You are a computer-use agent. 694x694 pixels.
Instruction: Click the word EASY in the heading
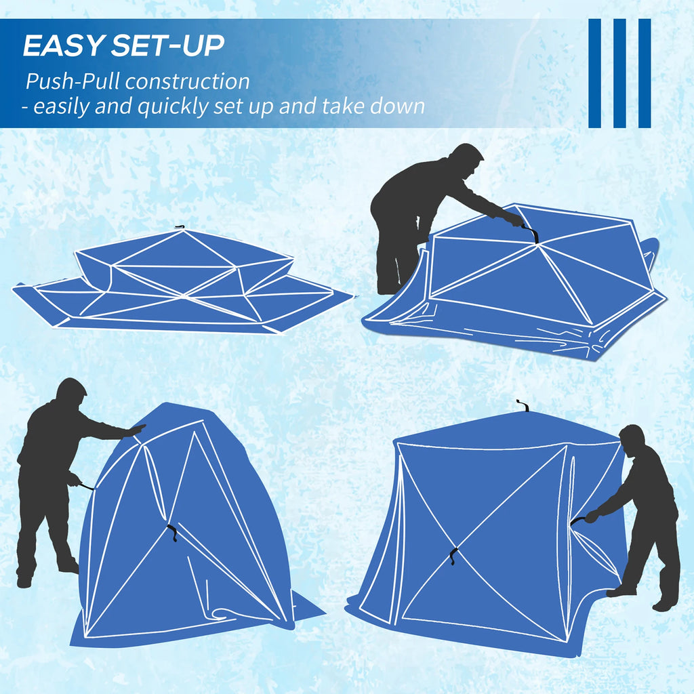click(x=62, y=45)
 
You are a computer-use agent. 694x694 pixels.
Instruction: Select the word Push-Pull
click(x=73, y=82)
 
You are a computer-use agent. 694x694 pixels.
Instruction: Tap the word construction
click(x=187, y=82)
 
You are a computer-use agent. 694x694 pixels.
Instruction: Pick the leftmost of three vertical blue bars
click(x=595, y=73)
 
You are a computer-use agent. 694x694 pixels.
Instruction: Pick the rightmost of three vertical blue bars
click(x=645, y=73)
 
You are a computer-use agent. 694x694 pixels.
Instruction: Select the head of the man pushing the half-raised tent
click(x=70, y=392)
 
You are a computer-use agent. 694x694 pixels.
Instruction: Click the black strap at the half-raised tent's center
click(x=172, y=532)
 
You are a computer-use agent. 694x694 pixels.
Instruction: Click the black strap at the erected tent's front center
click(x=453, y=556)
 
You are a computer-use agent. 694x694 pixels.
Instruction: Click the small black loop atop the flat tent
click(x=180, y=227)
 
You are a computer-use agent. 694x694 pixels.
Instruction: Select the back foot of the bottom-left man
click(x=24, y=581)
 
